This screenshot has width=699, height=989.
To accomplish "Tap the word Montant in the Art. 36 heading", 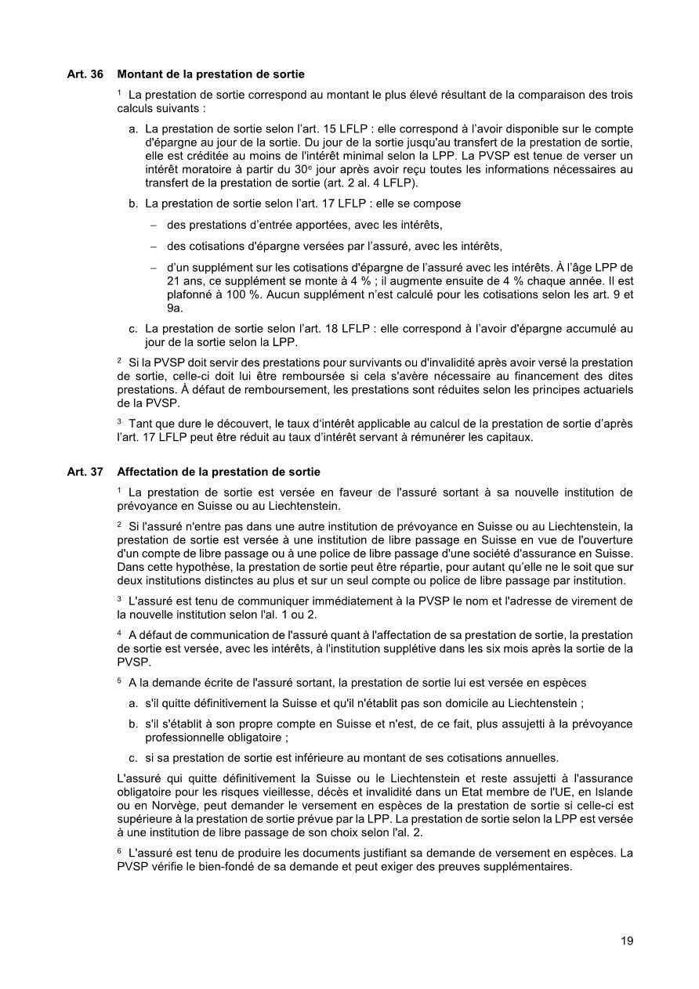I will pyautogui.click(x=139, y=74).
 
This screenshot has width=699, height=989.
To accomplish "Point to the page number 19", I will pyautogui.click(x=627, y=941).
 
